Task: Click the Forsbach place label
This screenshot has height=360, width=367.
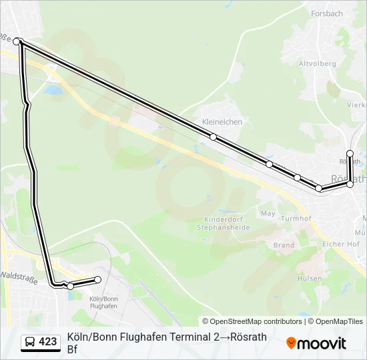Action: [326, 13]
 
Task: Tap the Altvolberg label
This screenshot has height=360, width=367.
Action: [316, 64]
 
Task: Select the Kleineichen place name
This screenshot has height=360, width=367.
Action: [222, 122]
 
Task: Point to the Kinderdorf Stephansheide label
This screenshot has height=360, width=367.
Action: [223, 223]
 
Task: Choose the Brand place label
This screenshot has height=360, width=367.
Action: [284, 245]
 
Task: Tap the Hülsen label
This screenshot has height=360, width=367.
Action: [310, 279]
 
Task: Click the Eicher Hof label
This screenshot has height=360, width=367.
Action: [341, 244]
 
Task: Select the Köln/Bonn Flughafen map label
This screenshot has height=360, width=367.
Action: [103, 302]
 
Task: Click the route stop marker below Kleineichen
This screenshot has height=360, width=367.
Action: [213, 137]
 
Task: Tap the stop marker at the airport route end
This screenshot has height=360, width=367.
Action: [98, 279]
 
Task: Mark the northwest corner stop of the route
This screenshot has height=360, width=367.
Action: [17, 41]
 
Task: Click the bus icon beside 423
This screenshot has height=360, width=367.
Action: [30, 342]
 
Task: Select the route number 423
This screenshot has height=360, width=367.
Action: [47, 342]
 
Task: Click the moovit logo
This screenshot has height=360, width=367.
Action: [316, 343]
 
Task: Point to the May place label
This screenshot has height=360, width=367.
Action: [268, 213]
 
